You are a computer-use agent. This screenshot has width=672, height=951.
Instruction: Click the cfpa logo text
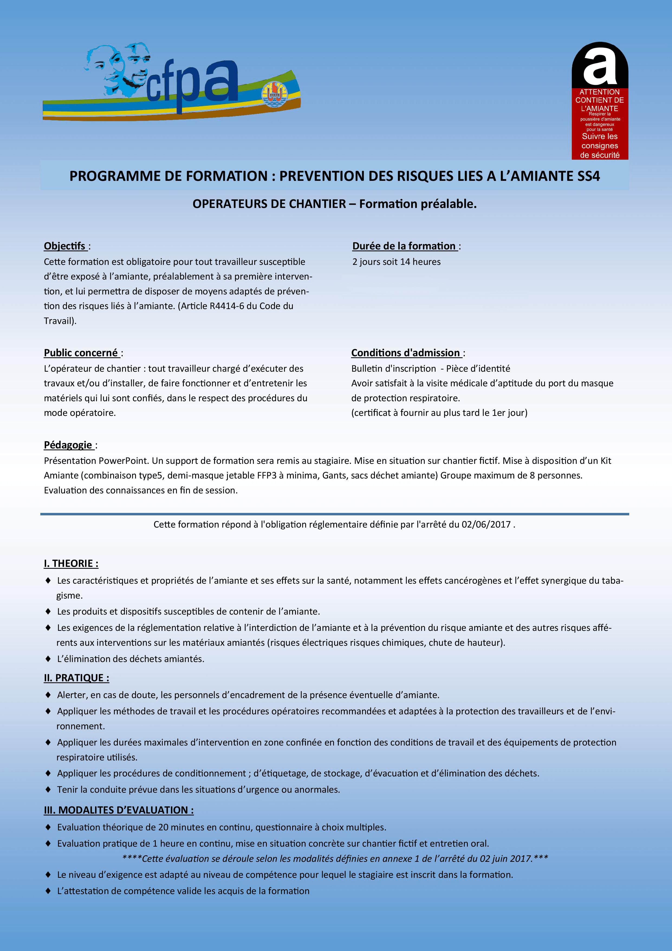click(x=192, y=85)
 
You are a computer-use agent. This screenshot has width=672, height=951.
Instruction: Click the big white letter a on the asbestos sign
click(x=600, y=66)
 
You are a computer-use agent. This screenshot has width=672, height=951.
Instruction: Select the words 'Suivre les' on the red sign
click(x=600, y=136)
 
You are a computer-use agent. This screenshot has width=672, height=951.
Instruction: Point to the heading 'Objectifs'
click(x=64, y=246)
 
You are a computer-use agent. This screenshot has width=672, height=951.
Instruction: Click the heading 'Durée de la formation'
click(x=404, y=246)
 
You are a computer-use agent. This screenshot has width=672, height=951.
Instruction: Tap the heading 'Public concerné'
click(x=81, y=353)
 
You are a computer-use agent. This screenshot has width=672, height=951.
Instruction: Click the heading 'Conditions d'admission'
click(x=405, y=353)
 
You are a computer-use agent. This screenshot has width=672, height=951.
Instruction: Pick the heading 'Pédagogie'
click(x=68, y=445)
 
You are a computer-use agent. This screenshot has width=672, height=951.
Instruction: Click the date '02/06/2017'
click(x=486, y=524)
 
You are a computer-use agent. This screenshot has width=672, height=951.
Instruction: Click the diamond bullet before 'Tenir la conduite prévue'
click(x=48, y=789)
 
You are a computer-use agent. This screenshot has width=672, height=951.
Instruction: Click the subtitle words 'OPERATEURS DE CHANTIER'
click(x=269, y=204)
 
